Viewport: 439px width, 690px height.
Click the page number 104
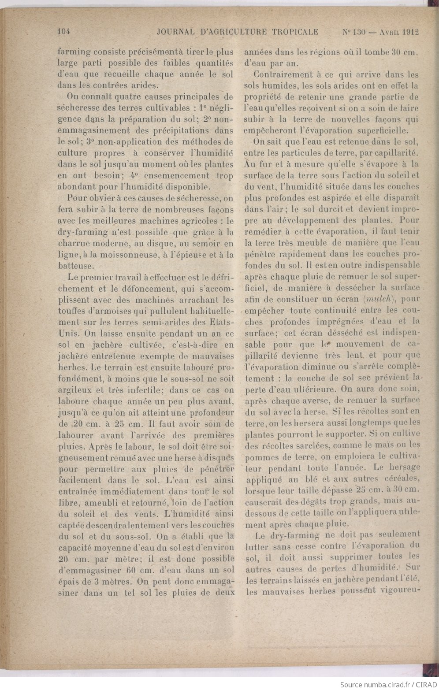[64, 32]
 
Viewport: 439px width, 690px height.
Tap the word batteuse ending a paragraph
[75, 266]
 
